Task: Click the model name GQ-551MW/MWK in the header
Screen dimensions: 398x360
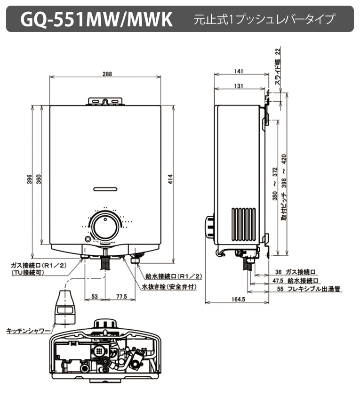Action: click(96, 19)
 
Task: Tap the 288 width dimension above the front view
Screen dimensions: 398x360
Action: click(107, 73)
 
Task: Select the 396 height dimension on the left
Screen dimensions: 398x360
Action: click(29, 179)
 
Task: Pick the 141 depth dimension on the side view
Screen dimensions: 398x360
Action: click(238, 71)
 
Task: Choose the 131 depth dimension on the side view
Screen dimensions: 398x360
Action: click(238, 86)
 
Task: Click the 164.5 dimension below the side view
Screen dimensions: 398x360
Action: click(239, 299)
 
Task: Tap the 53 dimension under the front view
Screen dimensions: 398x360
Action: click(95, 296)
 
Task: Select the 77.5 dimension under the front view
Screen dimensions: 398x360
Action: click(121, 296)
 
